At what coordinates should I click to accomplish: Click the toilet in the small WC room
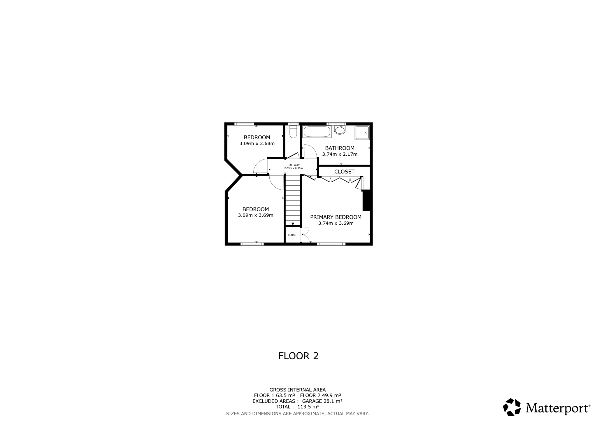click(x=293, y=131)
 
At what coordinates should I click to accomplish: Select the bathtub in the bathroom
click(x=317, y=132)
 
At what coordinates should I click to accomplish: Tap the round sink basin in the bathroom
click(x=340, y=130)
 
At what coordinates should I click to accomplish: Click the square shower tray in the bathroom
click(x=362, y=133)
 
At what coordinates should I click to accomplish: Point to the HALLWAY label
click(x=293, y=165)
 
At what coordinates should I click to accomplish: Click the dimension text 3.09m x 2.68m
click(x=257, y=143)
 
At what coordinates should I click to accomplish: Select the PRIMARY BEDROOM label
click(x=336, y=217)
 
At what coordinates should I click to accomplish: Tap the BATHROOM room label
click(x=340, y=148)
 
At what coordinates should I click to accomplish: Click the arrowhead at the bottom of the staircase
click(x=293, y=224)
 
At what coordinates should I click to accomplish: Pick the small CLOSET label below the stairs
click(x=293, y=235)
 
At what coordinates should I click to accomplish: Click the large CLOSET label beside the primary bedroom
click(x=344, y=172)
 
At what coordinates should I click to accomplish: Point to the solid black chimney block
click(x=366, y=200)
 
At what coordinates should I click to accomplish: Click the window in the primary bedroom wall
click(x=331, y=244)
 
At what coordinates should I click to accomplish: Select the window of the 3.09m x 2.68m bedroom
click(x=244, y=124)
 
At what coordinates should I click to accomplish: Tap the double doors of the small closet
click(x=304, y=235)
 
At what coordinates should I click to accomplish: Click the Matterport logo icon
click(x=512, y=407)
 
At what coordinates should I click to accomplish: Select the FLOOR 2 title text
click(x=298, y=356)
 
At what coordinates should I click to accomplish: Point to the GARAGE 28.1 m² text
click(x=322, y=401)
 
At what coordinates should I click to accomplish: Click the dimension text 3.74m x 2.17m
click(x=340, y=154)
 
